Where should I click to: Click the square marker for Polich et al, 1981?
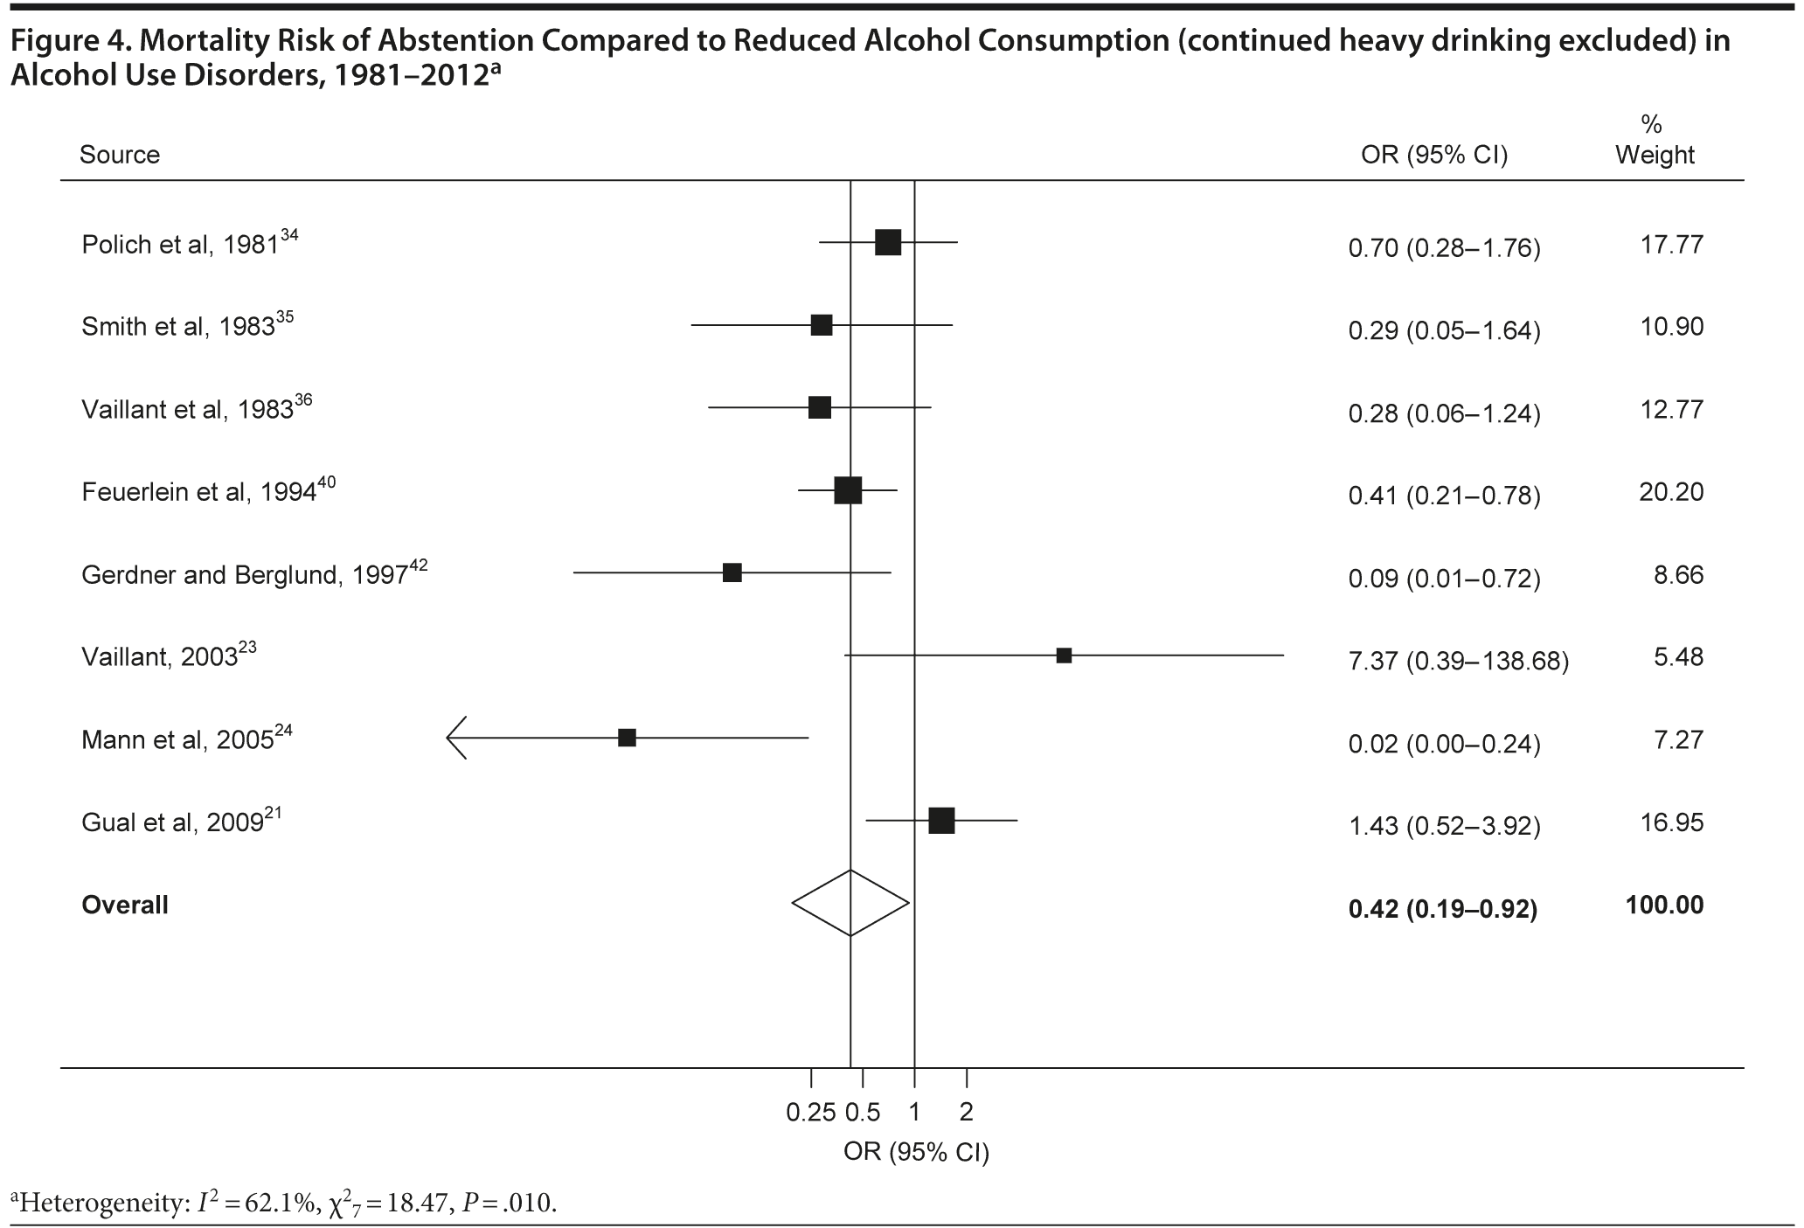click(x=888, y=242)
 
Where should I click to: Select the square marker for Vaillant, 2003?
click(x=1064, y=656)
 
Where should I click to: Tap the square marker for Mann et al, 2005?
click(x=627, y=738)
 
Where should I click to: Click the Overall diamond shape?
click(x=850, y=903)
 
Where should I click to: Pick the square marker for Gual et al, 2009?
click(x=941, y=821)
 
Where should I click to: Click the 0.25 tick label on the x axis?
click(x=811, y=1113)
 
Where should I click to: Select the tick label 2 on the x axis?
click(x=966, y=1113)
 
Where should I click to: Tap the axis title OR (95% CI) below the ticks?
click(x=916, y=1152)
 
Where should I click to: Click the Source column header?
click(x=120, y=155)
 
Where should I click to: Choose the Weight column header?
click(x=1655, y=155)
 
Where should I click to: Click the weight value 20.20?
click(x=1671, y=492)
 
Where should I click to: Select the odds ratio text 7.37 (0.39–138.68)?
click(x=1459, y=661)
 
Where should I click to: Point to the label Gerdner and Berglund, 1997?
click(x=246, y=574)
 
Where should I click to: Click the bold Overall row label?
click(x=125, y=905)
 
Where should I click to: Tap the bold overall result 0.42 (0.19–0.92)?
click(x=1443, y=909)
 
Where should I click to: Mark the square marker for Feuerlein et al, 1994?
click(x=848, y=490)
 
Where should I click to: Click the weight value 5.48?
click(x=1678, y=656)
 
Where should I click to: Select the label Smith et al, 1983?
click(x=179, y=327)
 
